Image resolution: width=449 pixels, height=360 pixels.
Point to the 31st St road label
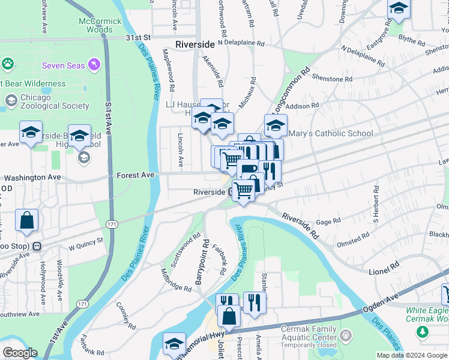(x=137, y=37)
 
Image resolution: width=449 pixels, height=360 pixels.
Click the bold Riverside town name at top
(x=195, y=44)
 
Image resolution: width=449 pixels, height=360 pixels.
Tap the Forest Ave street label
(x=136, y=175)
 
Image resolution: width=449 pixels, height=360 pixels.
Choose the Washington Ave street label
(x=32, y=178)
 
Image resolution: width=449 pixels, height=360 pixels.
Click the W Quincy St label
(x=86, y=243)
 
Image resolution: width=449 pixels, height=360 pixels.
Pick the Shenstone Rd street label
(x=332, y=79)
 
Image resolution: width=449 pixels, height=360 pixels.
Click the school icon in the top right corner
(x=398, y=9)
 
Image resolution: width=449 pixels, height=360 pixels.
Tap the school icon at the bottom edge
(x=174, y=344)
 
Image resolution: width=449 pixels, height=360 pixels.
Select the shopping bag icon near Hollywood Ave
(x=27, y=221)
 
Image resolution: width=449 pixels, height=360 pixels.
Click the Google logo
(x=20, y=353)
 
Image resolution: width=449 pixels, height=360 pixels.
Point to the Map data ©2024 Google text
(x=411, y=355)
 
